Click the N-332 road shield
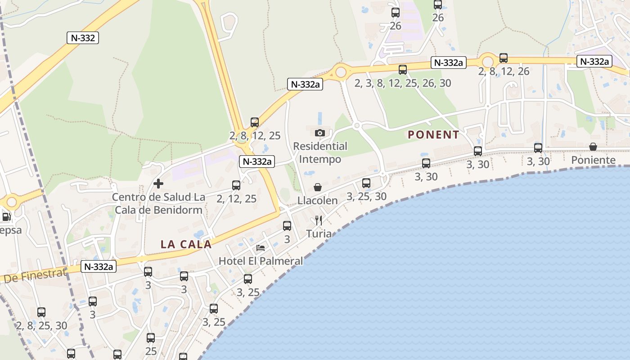pos(83,38)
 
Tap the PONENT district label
pos(433,135)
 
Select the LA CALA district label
pos(186,244)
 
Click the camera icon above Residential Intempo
pos(320,133)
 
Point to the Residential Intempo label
pos(320,153)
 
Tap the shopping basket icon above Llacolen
pos(318,187)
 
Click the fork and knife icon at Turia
pos(319,220)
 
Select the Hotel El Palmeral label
pos(261,261)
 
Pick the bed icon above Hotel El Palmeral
pos(261,247)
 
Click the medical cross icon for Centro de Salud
pos(158,184)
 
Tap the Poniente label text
pos(593,160)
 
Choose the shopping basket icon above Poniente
pos(593,147)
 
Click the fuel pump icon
pos(6,217)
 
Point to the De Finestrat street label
pos(35,275)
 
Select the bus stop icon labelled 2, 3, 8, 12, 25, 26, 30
pos(403,70)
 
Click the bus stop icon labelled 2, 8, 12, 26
pos(504,58)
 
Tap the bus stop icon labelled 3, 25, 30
pos(366,183)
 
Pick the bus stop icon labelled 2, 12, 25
pos(236,185)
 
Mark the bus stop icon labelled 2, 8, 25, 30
pos(41,312)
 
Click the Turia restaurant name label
pos(319,234)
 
